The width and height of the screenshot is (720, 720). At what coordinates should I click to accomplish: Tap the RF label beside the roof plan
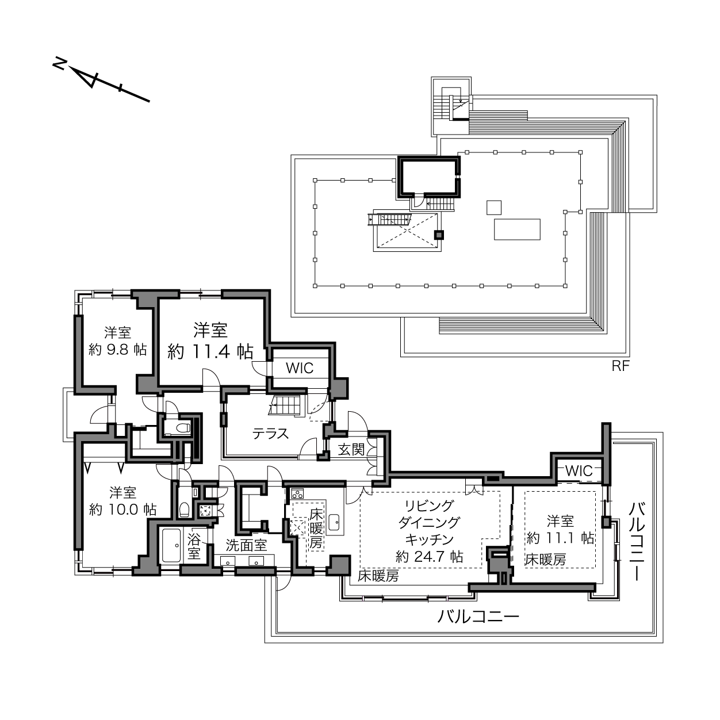[x=621, y=366]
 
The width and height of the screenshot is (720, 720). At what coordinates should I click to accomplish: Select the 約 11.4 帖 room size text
[x=210, y=351]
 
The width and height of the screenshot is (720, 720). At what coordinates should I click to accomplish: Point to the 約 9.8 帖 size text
[x=118, y=350]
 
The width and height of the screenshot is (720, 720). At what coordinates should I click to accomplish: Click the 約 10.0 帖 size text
[x=123, y=510]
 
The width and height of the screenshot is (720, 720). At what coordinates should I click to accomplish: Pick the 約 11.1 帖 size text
[x=560, y=538]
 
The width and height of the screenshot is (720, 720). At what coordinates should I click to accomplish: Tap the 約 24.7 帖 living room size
[x=430, y=557]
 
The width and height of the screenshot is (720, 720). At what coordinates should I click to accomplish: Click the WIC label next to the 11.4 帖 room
[x=300, y=368]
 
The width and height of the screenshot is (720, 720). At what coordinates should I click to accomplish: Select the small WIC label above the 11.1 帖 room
[x=579, y=471]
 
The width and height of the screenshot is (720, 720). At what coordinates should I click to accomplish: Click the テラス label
[x=270, y=434]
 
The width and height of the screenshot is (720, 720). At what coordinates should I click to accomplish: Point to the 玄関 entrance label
[x=351, y=450]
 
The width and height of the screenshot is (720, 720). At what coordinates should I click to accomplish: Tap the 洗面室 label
[x=246, y=546]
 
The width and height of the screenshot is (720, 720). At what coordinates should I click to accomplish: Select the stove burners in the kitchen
[x=297, y=493]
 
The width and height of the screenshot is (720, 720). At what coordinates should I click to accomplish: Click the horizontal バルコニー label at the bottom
[x=478, y=616]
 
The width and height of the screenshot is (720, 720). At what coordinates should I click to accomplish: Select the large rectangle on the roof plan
[x=517, y=229]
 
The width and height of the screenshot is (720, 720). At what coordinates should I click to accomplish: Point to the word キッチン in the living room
[x=430, y=539]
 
